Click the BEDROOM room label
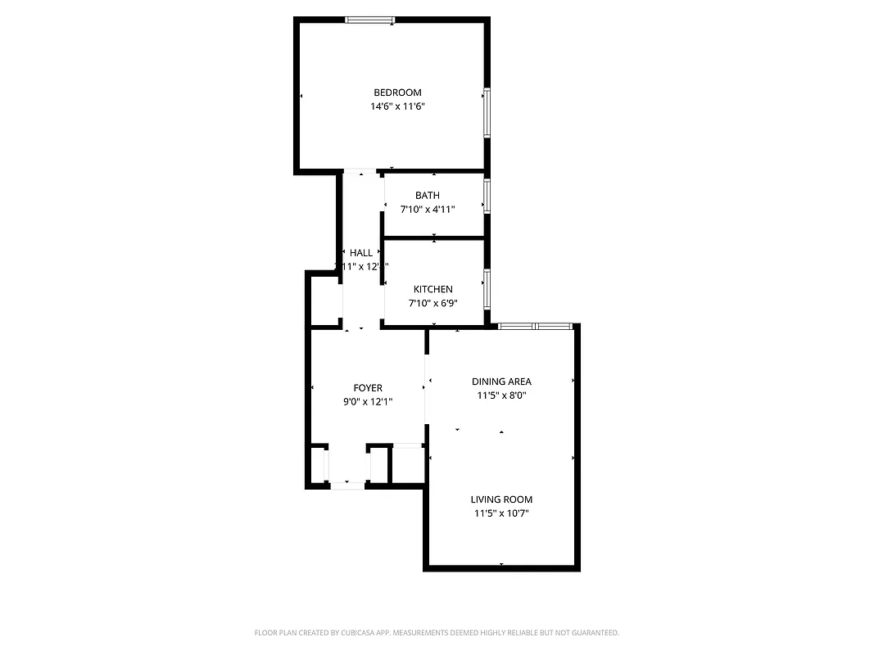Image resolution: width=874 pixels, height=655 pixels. tap(397, 93)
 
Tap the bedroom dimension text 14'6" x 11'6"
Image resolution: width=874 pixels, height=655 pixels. tap(397, 106)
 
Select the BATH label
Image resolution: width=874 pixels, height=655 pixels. tap(427, 195)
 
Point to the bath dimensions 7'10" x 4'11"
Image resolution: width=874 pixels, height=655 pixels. tap(427, 210)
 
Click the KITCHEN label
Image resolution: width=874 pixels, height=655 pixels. tap(432, 289)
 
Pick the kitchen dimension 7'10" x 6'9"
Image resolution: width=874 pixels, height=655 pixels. tap(432, 304)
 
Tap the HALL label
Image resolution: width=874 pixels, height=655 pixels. tap(360, 253)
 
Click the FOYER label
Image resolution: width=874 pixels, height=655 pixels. tap(368, 388)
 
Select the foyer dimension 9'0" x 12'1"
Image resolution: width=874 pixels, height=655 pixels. tap(368, 402)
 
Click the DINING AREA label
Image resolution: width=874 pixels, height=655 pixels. tap(501, 382)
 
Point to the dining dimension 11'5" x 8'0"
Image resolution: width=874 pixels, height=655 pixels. tap(501, 395)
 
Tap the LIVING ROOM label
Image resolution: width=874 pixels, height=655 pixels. tap(501, 499)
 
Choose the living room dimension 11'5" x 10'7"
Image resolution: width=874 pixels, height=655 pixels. tap(501, 513)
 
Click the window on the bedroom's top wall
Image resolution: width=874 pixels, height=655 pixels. tap(369, 20)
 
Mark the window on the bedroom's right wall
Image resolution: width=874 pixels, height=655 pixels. tap(487, 112)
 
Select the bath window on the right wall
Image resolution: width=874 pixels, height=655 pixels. tap(487, 196)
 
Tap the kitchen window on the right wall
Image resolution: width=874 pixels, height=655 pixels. tap(487, 288)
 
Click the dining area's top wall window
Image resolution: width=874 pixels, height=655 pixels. tap(535, 327)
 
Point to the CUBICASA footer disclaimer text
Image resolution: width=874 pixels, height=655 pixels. tap(437, 633)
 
